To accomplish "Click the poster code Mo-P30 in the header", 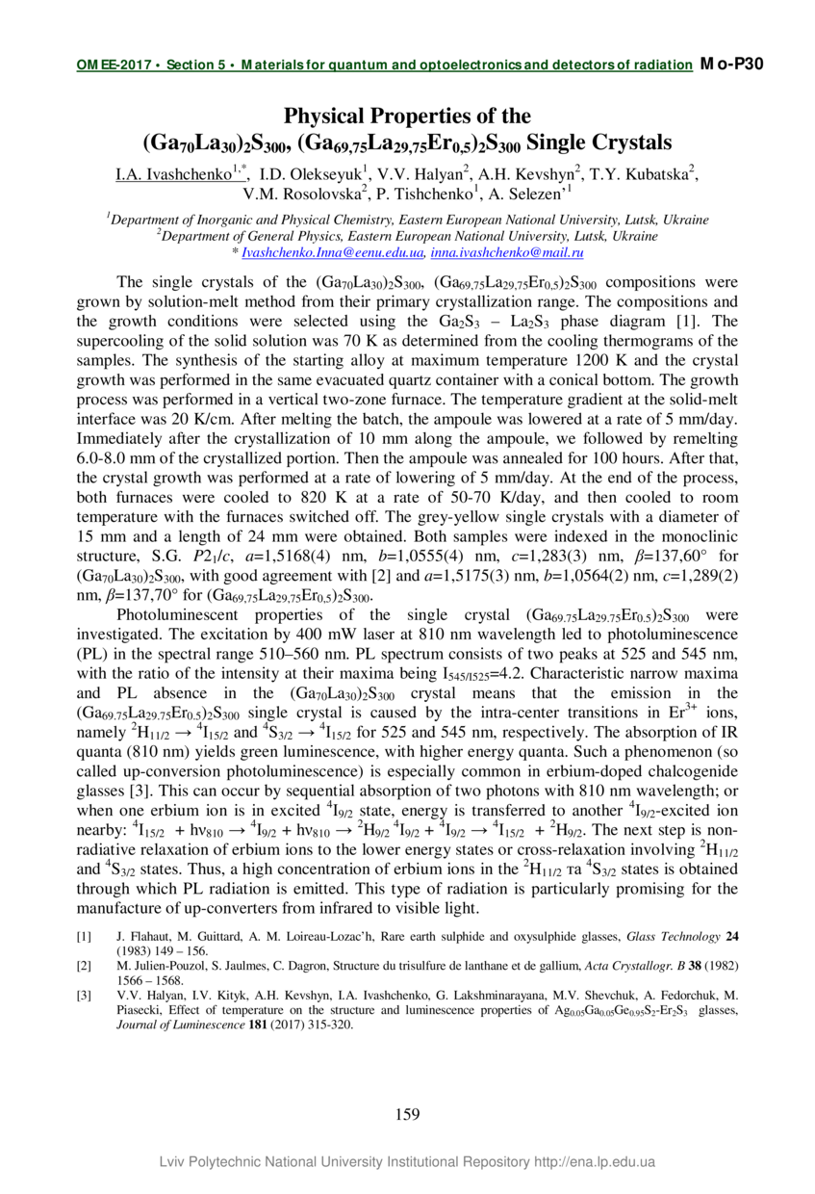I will coord(732,65).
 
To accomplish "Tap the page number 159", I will coord(407,1114).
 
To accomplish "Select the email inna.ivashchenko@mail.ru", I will coord(508,252).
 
